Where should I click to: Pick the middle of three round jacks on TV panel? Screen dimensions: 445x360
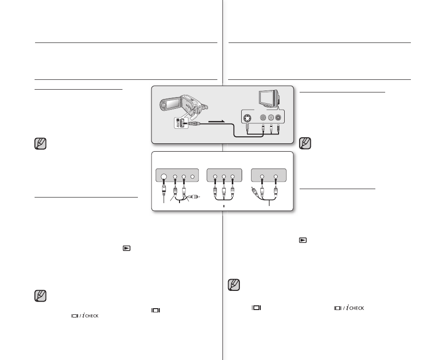(x=272, y=119)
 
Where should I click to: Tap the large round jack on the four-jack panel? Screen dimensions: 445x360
(x=164, y=177)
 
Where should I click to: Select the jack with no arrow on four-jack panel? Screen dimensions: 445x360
(x=193, y=177)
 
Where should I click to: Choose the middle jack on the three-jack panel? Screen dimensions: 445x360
(x=224, y=177)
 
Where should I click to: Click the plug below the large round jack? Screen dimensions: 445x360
(x=164, y=191)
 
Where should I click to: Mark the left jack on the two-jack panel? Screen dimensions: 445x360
(x=263, y=177)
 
